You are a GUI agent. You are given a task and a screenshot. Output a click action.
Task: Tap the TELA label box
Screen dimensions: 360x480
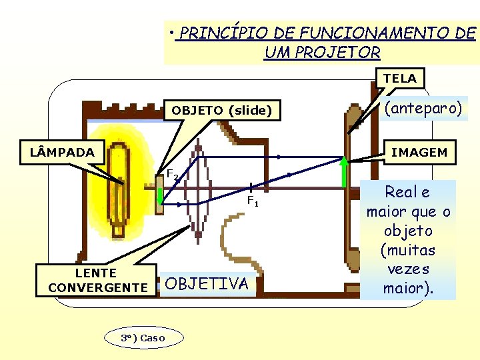click(399, 79)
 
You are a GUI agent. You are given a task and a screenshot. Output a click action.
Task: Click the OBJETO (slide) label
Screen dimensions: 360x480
click(222, 111)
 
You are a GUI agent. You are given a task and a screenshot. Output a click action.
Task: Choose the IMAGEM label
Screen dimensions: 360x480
click(419, 153)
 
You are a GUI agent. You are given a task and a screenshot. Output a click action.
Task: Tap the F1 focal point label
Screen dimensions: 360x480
click(253, 200)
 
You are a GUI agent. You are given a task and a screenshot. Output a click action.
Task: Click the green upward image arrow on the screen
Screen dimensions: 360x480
click(345, 172)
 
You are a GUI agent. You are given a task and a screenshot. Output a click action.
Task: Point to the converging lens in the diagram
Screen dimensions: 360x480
click(197, 190)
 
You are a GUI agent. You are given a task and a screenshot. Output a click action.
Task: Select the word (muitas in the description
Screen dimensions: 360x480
click(407, 251)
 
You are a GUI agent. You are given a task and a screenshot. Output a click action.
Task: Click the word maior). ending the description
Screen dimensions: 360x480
click(407, 289)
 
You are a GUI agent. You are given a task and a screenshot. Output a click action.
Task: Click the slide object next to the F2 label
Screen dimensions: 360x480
click(160, 193)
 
